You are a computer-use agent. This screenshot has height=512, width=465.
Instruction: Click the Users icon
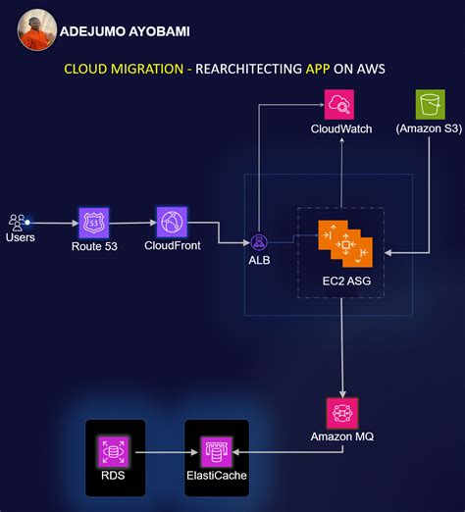tap(18, 223)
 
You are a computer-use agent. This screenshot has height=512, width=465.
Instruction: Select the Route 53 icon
tap(94, 223)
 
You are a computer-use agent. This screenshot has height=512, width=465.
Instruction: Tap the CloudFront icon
tap(173, 222)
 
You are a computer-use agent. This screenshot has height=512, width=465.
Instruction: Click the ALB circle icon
tap(260, 240)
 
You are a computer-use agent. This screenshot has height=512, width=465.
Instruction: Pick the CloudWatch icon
tap(339, 104)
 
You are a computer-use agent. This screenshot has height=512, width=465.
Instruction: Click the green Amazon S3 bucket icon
tap(429, 104)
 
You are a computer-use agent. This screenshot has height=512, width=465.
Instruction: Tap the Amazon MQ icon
tap(342, 412)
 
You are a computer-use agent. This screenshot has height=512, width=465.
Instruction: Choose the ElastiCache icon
tap(216, 451)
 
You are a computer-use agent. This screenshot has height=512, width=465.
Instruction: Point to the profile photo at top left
tap(35, 29)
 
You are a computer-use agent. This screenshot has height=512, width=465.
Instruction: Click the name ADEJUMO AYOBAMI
tap(125, 31)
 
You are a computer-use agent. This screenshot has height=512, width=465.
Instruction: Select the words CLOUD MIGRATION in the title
tap(125, 70)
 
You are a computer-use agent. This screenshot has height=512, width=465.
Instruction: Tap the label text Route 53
tap(94, 246)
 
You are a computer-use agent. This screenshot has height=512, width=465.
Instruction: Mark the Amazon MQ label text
tap(342, 435)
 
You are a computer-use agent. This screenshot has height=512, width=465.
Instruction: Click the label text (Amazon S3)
tap(429, 128)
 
